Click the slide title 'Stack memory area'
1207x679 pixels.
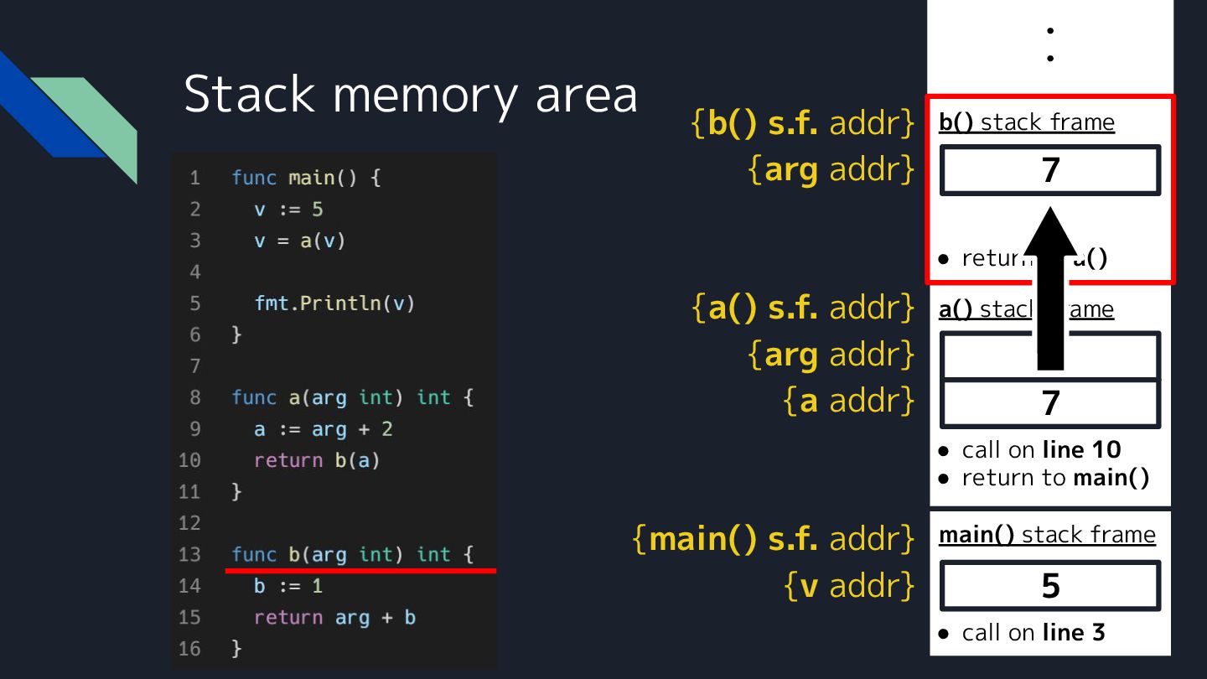click(x=410, y=94)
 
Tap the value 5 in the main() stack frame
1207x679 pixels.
click(x=1050, y=586)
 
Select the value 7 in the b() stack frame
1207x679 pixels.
click(x=1050, y=170)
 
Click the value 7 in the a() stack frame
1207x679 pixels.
click(x=1050, y=403)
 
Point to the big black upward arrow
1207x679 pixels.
click(x=1050, y=293)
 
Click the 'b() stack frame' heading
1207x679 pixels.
click(x=1026, y=122)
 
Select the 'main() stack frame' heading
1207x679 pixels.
click(x=1047, y=535)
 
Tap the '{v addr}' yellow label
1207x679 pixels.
click(x=848, y=586)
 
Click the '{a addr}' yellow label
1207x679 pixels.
click(x=848, y=401)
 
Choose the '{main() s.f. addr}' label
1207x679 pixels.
click(x=773, y=538)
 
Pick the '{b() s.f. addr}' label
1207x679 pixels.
click(x=802, y=123)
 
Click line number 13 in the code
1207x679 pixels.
click(x=190, y=555)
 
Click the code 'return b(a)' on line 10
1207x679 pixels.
click(x=317, y=460)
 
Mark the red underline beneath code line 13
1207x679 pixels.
click(x=360, y=571)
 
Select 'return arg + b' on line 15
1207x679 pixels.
click(x=334, y=618)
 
